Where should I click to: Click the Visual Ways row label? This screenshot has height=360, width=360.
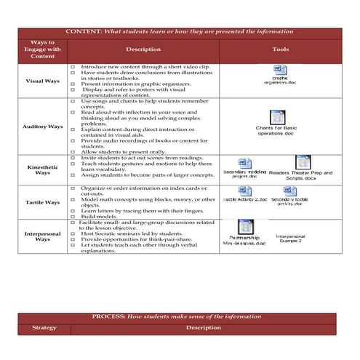click(x=43, y=81)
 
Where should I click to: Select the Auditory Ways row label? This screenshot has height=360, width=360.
click(x=43, y=127)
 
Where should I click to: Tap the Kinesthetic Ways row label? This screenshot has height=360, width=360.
click(x=43, y=169)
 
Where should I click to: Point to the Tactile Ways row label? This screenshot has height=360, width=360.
click(x=43, y=202)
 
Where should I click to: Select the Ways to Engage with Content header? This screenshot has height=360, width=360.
click(x=43, y=49)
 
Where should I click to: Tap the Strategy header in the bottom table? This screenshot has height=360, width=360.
click(x=43, y=328)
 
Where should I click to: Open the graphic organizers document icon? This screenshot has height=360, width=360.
click(x=279, y=70)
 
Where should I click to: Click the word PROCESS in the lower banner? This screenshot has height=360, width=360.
click(x=110, y=317)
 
